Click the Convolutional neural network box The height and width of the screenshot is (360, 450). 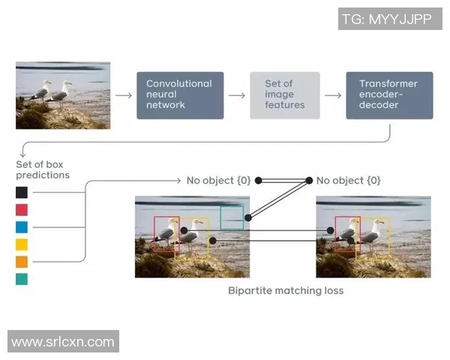[180, 95]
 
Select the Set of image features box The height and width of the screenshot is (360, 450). [285, 95]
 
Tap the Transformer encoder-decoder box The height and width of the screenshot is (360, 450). [389, 95]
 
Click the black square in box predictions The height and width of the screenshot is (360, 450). [22, 192]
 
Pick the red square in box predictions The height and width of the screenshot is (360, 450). [22, 209]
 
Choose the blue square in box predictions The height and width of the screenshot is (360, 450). [22, 226]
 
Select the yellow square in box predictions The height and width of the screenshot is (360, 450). [22, 244]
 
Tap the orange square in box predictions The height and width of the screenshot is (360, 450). [22, 262]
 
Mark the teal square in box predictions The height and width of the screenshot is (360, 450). [22, 279]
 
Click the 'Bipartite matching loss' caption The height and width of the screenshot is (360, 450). [285, 290]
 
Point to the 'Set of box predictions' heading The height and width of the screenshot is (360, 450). [43, 169]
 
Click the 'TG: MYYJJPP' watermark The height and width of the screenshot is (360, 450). [390, 19]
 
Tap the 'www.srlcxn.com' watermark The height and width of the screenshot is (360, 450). [63, 342]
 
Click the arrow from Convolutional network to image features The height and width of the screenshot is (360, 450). [236, 95]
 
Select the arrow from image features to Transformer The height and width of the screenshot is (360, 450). [333, 95]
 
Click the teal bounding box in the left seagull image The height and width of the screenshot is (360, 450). [232, 217]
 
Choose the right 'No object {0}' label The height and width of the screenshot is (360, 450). [349, 181]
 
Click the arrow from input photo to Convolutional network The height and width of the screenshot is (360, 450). [124, 95]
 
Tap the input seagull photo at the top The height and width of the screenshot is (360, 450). [63, 95]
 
